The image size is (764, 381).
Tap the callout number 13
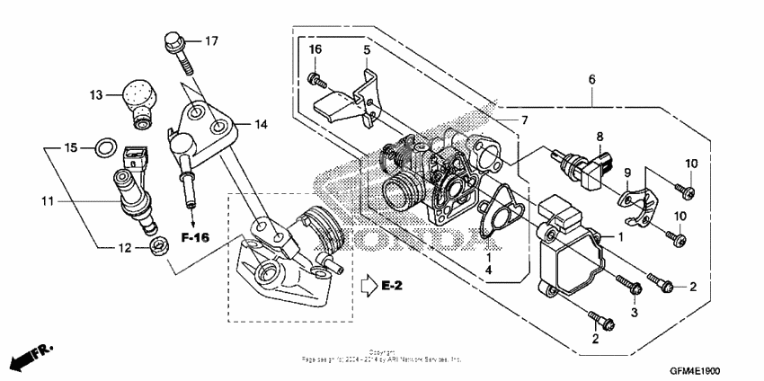coord(96,93)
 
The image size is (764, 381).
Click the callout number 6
coord(591,80)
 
